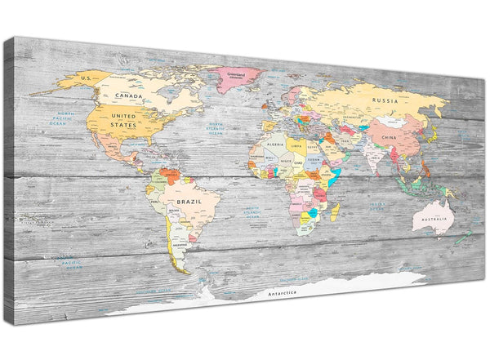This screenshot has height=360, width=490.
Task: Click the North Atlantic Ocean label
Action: (216, 128)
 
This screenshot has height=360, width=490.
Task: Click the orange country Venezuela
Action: (170, 173)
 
